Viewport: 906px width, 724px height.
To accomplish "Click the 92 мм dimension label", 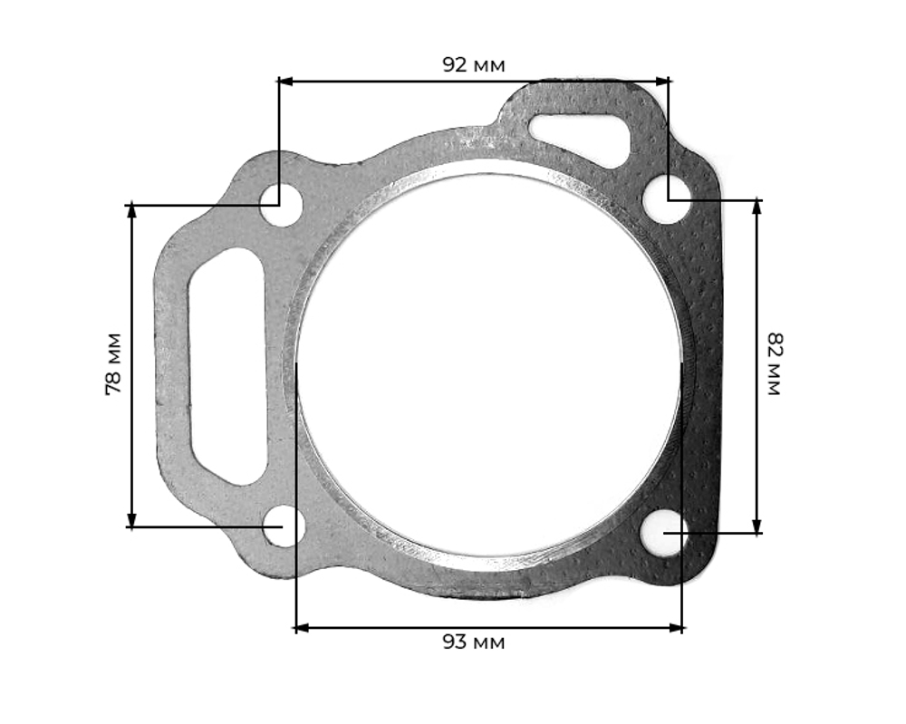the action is tap(473, 64).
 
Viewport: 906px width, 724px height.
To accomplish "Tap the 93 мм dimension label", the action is tap(473, 642).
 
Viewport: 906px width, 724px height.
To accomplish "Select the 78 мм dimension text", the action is tap(114, 364).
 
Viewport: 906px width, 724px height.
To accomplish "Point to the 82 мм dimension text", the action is tap(774, 364).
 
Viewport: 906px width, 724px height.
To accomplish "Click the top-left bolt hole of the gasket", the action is tap(281, 205).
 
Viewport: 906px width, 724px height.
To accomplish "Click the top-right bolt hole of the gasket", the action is tap(667, 200).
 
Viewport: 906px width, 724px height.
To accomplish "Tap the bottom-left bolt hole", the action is tap(284, 526).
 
